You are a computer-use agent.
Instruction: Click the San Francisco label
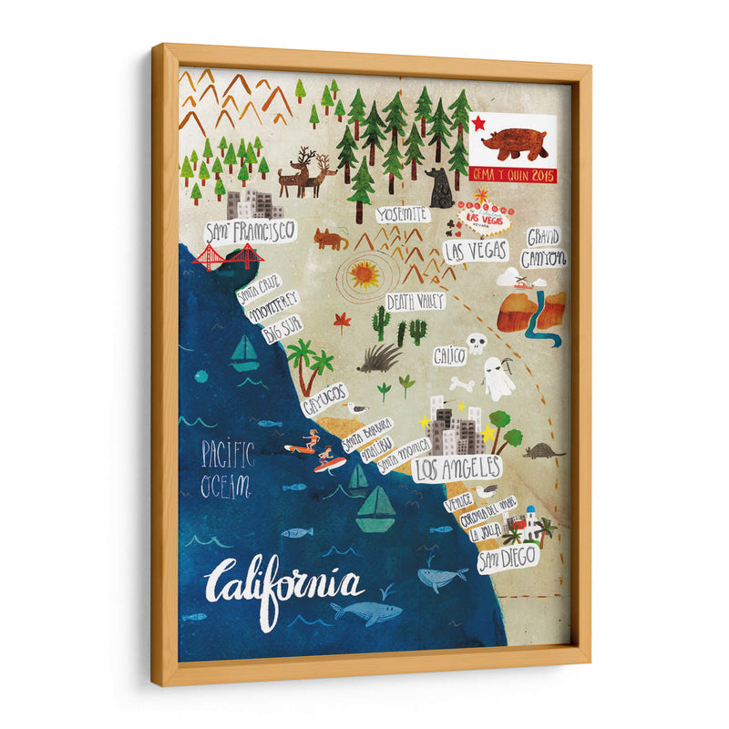(x=249, y=231)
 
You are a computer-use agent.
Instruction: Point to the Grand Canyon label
(x=546, y=247)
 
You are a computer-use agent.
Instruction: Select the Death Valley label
(x=415, y=302)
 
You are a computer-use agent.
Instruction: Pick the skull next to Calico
(x=477, y=344)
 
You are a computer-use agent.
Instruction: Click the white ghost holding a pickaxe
(x=498, y=378)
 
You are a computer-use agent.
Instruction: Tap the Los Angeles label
(x=457, y=468)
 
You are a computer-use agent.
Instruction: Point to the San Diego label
(x=508, y=556)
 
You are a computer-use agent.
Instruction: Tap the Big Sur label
(x=282, y=330)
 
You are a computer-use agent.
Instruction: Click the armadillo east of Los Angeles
(x=544, y=450)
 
